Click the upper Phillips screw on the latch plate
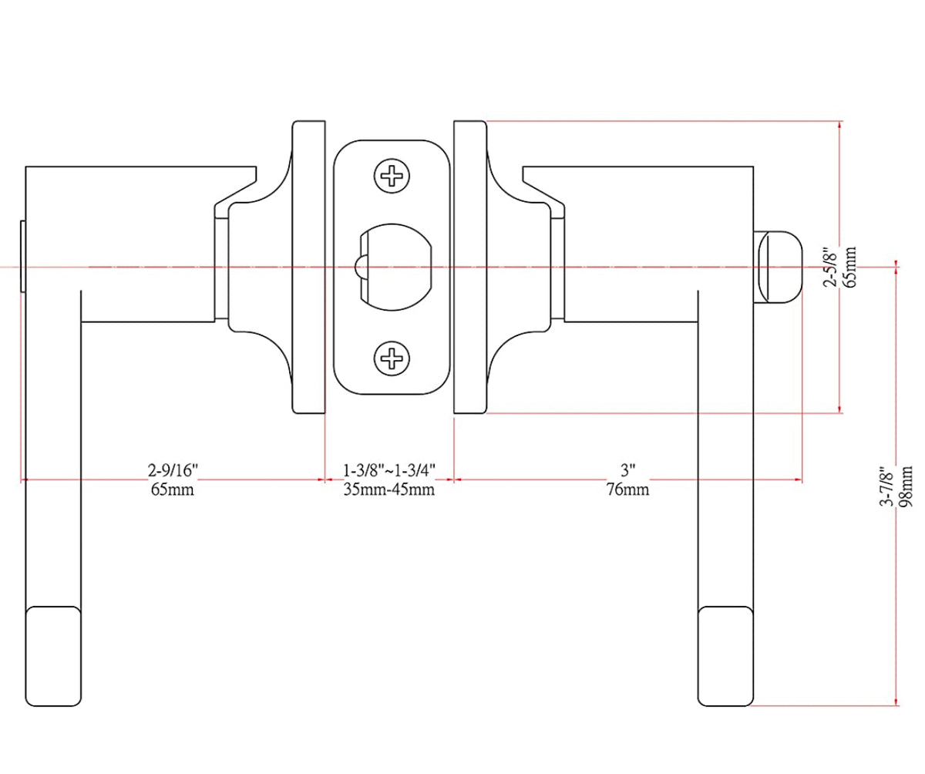coord(392,178)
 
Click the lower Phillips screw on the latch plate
coord(392,358)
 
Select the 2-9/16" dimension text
coord(173,469)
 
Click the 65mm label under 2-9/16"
coord(173,490)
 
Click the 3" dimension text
coord(627,469)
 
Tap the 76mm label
coord(627,490)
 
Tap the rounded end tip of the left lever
coord(54,656)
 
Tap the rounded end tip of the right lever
coord(725,656)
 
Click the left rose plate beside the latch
coord(308,267)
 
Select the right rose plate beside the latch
coord(470,267)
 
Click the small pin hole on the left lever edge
coord(23,257)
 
